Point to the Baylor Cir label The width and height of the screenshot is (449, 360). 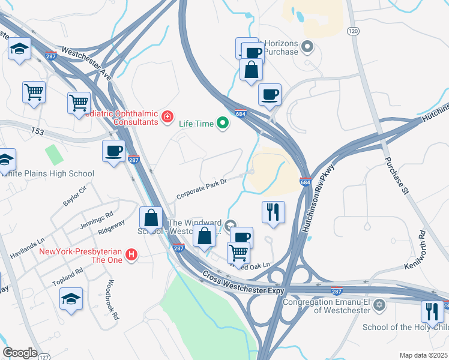tap(75, 196)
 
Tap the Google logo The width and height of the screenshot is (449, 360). tap(20, 352)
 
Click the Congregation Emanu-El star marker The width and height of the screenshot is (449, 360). tap(378, 306)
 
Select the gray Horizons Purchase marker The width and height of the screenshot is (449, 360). tap(308, 46)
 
